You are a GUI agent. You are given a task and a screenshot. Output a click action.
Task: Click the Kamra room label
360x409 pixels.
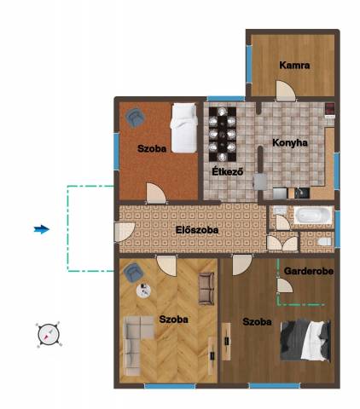[x=294, y=66]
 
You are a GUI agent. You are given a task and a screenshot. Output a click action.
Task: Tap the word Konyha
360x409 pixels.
[x=290, y=142]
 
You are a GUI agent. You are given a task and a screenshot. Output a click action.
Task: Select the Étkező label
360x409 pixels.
[x=228, y=171]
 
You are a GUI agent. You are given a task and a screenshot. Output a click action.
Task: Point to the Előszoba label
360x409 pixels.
[x=197, y=230]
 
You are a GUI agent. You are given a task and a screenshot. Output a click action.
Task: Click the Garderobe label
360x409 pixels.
[x=309, y=271]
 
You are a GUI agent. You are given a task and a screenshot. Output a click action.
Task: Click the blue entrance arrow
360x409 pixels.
[x=42, y=229]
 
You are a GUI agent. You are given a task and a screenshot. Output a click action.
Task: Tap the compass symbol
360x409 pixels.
[x=49, y=334]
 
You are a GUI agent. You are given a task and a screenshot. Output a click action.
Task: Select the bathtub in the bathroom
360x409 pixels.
[x=313, y=215]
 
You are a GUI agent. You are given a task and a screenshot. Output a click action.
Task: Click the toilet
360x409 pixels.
[x=324, y=242]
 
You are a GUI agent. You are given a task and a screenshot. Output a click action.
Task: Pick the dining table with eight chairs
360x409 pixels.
[x=223, y=134]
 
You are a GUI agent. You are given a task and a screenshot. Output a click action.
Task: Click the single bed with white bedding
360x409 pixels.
[x=184, y=128]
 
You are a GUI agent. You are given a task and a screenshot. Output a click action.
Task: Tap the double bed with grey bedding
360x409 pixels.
[x=305, y=341]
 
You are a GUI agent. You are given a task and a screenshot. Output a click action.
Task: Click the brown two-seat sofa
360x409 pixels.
[x=206, y=289]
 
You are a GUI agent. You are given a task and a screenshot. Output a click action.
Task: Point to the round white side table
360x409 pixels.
[x=143, y=291]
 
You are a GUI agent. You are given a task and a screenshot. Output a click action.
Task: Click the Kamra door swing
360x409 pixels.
[x=286, y=91]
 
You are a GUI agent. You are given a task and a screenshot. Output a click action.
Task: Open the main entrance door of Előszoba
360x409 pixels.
[x=125, y=232]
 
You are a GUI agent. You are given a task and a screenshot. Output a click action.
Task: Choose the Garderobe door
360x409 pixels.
[x=285, y=285]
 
